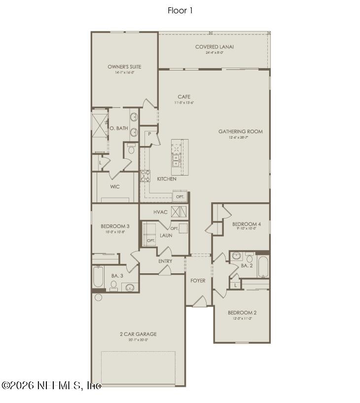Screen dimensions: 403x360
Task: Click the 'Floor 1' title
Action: pos(180,10)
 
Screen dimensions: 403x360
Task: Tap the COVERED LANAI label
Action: pos(214,47)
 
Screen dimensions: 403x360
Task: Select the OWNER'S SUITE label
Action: pos(125,67)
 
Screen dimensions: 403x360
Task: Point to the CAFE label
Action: pos(184,97)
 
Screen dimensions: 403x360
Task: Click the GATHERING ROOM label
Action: pos(241,132)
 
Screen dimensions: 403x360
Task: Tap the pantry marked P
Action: pos(148,134)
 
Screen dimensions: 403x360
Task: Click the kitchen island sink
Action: pos(176,160)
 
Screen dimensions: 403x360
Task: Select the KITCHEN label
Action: pos(167,179)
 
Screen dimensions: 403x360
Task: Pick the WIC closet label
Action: pos(115,187)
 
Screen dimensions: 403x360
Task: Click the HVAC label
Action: pos(160,212)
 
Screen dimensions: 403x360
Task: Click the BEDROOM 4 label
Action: pos(247,224)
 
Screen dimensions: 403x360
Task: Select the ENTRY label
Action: pos(165,261)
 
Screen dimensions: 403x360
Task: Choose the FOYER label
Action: pos(198,281)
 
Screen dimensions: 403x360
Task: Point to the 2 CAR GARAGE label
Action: pos(138,334)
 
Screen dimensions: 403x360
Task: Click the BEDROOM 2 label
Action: pos(242,313)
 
